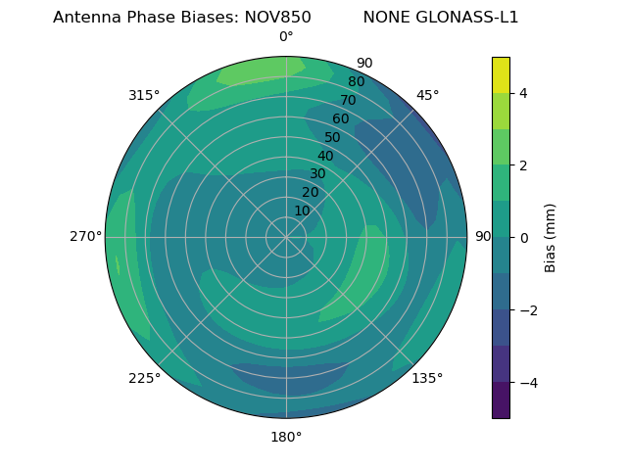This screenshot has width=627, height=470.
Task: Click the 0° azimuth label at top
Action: pyautogui.click(x=286, y=37)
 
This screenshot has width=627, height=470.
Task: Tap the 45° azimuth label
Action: pyautogui.click(x=427, y=95)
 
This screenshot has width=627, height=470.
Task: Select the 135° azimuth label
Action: pyautogui.click(x=427, y=379)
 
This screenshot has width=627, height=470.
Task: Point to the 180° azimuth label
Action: pyautogui.click(x=286, y=437)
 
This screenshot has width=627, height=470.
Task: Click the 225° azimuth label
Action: pyautogui.click(x=144, y=379)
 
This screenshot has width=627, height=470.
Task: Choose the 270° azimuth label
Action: pyautogui.click(x=86, y=237)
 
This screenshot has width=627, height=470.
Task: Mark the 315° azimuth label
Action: pyautogui.click(x=144, y=95)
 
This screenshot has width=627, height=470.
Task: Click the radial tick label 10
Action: pyautogui.click(x=302, y=211)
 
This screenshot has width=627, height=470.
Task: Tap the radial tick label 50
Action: pyautogui.click(x=332, y=137)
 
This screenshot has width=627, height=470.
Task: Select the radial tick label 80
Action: pyautogui.click(x=356, y=82)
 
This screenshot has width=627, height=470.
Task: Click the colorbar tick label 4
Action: pyautogui.click(x=524, y=93)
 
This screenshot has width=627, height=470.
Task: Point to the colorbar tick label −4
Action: pyautogui.click(x=528, y=382)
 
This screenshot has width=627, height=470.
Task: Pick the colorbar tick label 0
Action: pyautogui.click(x=524, y=237)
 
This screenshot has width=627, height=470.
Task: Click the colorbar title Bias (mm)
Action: pyautogui.click(x=551, y=237)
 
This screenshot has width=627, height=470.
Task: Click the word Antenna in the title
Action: pyautogui.click(x=87, y=18)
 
